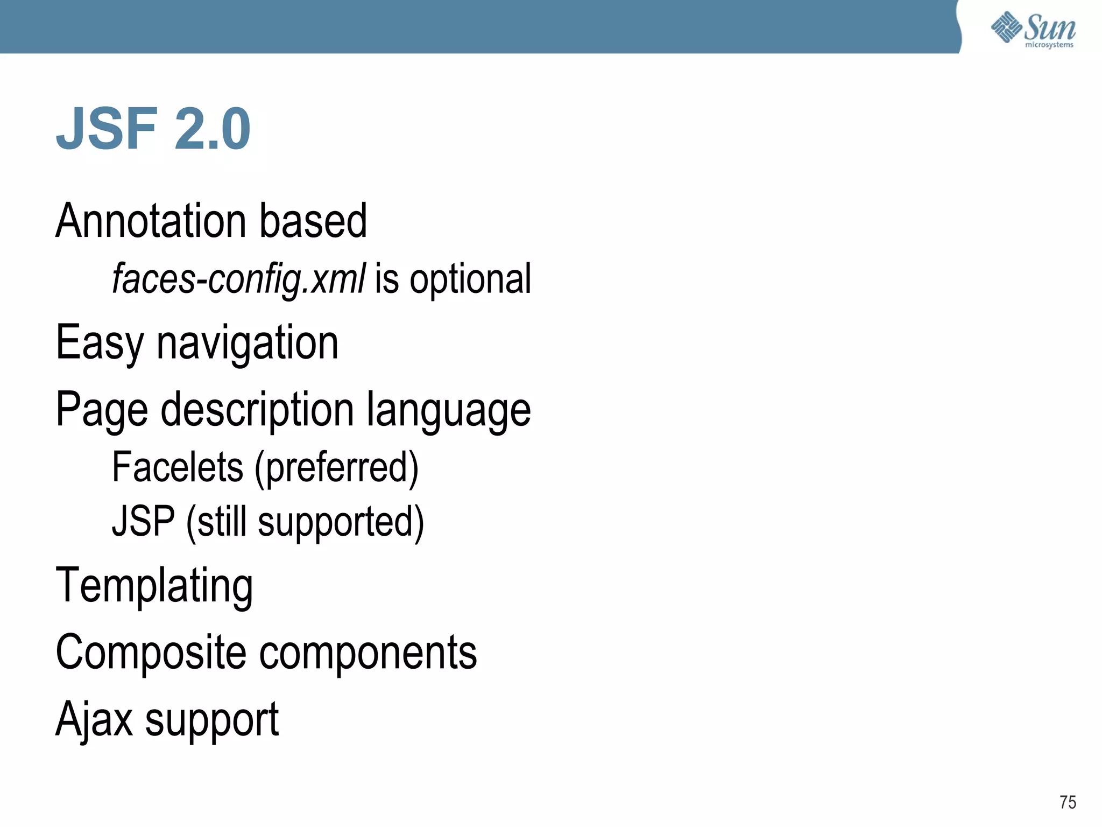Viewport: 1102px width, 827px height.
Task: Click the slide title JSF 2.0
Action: (153, 129)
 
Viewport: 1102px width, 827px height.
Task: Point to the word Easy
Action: (100, 344)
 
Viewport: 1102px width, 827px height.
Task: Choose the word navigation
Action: (248, 344)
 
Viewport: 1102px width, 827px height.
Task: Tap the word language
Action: (449, 410)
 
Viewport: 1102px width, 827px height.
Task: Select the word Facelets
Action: (178, 467)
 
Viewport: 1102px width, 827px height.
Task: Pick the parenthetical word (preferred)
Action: (337, 467)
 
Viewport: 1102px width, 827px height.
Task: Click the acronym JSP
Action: (143, 521)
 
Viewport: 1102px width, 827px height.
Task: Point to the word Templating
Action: (154, 586)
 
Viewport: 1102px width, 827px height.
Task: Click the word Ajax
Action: (94, 719)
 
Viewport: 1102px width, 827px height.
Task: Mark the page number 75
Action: (1068, 802)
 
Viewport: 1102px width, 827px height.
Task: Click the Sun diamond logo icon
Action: (1006, 27)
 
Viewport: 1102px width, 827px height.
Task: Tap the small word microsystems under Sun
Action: (1049, 45)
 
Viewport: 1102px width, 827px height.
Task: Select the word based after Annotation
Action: (313, 221)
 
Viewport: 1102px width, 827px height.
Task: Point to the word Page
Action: (102, 410)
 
